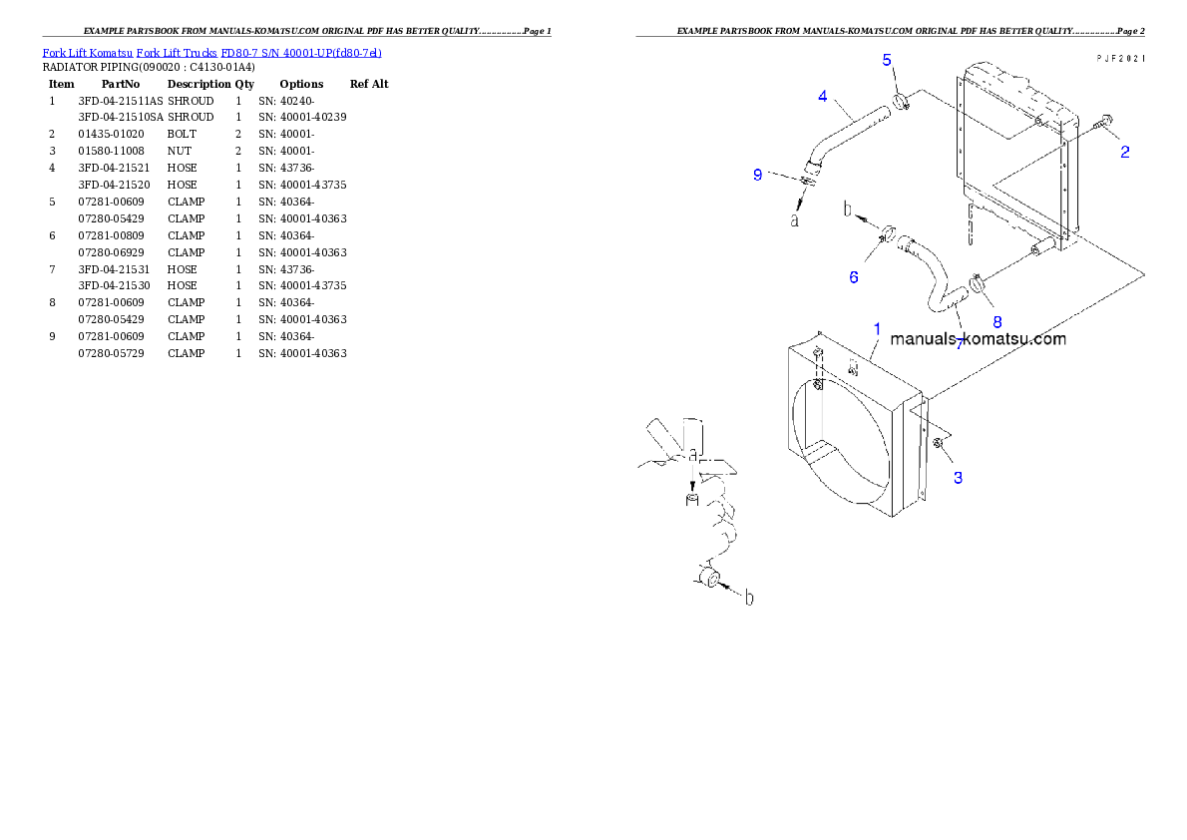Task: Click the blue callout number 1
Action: click(877, 328)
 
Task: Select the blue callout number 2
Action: click(1124, 153)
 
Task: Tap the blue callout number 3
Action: click(958, 478)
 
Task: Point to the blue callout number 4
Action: click(822, 96)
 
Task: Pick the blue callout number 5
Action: click(887, 60)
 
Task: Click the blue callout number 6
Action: click(853, 277)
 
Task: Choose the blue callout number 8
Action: click(995, 321)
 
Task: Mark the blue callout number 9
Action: click(758, 175)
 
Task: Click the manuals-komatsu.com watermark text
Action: click(978, 339)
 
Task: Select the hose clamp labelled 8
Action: click(977, 284)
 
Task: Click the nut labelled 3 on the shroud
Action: click(939, 443)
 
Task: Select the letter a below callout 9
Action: click(795, 219)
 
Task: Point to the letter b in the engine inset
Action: click(749, 598)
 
